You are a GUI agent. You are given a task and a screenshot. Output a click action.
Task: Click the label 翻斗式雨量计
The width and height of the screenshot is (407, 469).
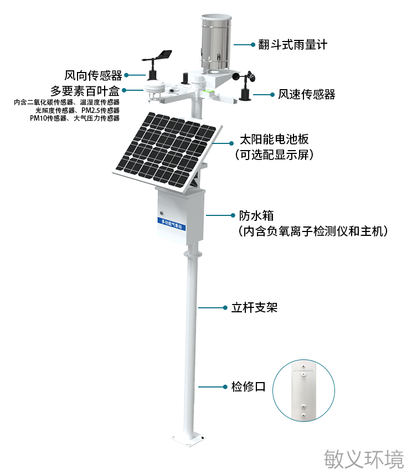293,45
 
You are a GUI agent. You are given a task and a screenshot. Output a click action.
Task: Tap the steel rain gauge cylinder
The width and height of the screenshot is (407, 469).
216,42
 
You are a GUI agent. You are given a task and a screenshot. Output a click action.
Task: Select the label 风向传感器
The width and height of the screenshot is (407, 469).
93,75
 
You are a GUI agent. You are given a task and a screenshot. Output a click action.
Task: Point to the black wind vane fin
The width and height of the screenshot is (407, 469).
164,55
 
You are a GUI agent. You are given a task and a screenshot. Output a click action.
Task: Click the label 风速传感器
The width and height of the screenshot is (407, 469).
307,94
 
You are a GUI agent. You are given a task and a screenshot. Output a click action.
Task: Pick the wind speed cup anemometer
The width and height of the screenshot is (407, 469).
245,85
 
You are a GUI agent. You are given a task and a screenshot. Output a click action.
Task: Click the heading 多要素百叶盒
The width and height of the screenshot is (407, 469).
85,90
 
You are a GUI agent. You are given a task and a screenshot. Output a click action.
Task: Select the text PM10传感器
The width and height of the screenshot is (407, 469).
48,118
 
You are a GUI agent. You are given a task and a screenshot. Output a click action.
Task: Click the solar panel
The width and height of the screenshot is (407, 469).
167,152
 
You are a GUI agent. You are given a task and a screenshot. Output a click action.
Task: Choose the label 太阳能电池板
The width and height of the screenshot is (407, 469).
274,140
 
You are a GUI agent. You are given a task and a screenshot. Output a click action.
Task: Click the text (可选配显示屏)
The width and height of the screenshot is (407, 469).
274,155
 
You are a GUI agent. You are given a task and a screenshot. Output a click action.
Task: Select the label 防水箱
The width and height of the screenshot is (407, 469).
256,215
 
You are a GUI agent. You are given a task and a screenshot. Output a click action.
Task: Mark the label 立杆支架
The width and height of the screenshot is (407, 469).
255,307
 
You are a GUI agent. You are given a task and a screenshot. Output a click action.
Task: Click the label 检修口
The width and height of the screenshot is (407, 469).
249,386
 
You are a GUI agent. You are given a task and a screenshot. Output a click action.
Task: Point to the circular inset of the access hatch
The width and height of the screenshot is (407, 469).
303,390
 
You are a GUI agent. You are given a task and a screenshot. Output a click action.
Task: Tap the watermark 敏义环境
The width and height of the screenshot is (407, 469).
364,459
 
